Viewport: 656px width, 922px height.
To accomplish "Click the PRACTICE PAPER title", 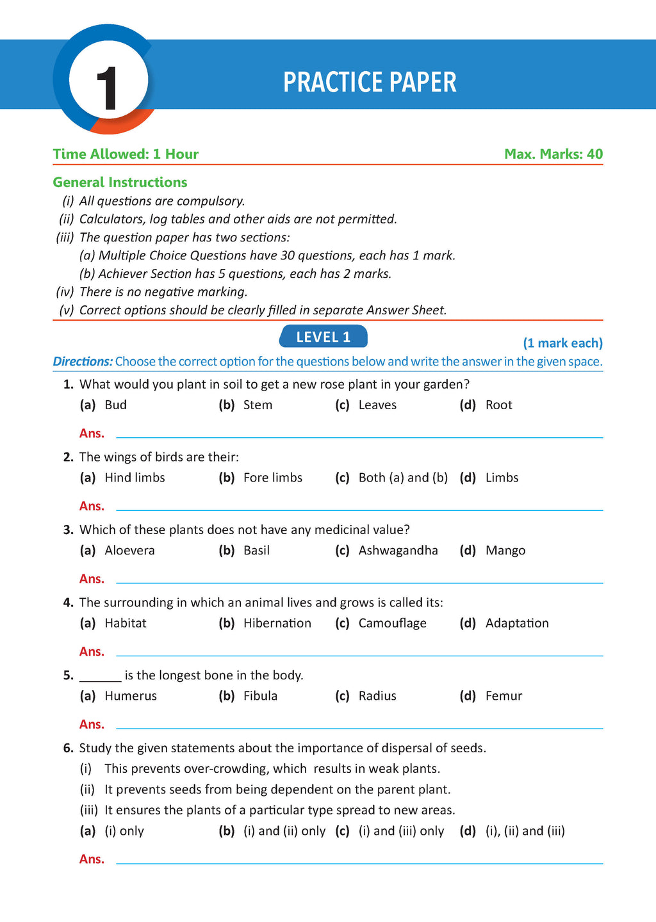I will (x=370, y=83).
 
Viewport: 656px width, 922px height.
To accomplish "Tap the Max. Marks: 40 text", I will (x=553, y=154).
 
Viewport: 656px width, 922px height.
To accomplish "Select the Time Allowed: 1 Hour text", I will (x=126, y=154).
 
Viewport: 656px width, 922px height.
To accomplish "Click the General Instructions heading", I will (x=120, y=182).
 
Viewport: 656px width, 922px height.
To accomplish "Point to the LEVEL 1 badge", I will (x=324, y=337).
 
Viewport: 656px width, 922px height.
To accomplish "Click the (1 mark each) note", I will (x=562, y=343).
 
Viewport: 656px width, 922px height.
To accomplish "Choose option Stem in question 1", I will (x=258, y=405).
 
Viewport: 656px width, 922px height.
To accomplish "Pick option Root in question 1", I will (x=498, y=405).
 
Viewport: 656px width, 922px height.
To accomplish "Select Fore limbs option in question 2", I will (x=272, y=478).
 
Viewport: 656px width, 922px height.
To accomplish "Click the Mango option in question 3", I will (x=505, y=551).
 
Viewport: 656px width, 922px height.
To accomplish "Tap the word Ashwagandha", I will (x=398, y=551).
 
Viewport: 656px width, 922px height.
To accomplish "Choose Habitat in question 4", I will (x=126, y=623).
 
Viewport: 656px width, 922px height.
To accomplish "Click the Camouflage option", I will (x=392, y=623).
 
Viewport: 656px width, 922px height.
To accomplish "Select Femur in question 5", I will (x=504, y=696).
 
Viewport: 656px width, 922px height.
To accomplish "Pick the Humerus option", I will (x=131, y=696).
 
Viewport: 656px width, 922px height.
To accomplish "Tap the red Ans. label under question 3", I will (x=92, y=579).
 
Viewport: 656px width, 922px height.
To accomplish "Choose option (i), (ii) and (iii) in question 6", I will (x=525, y=831).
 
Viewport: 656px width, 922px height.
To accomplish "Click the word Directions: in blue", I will (x=83, y=361).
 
